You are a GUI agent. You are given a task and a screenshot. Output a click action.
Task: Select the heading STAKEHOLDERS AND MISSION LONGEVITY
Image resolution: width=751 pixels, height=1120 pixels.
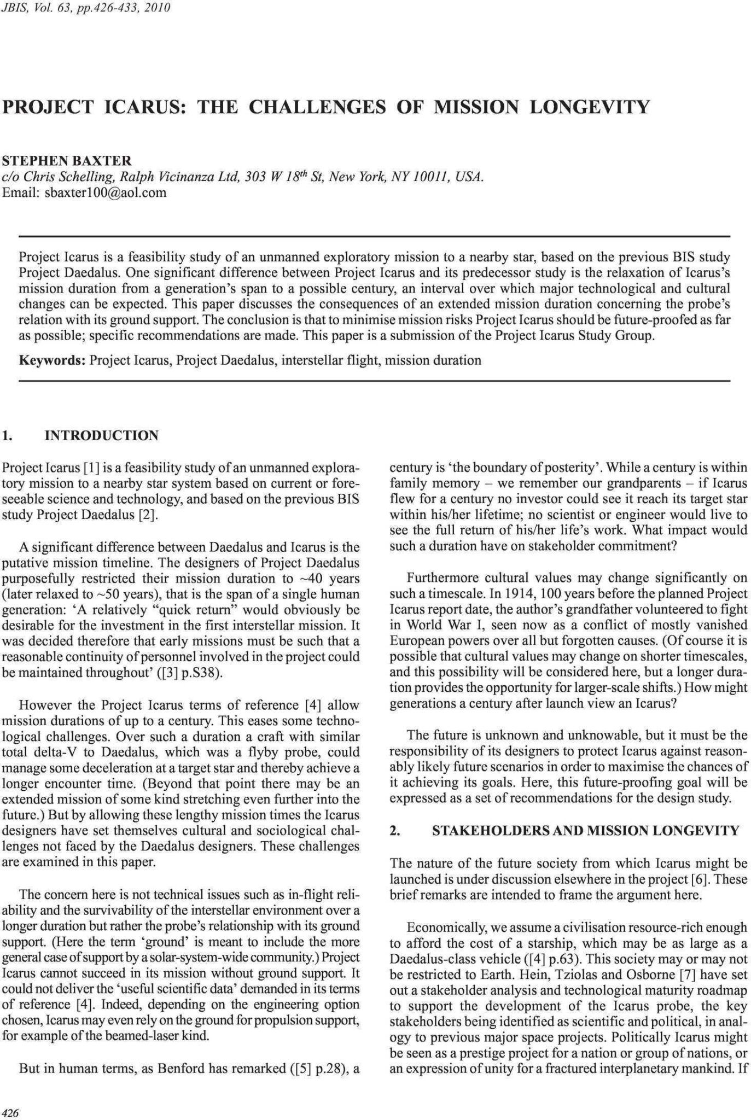coord(585,831)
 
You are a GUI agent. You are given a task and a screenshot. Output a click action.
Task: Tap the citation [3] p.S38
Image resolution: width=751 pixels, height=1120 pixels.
coord(193,673)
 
